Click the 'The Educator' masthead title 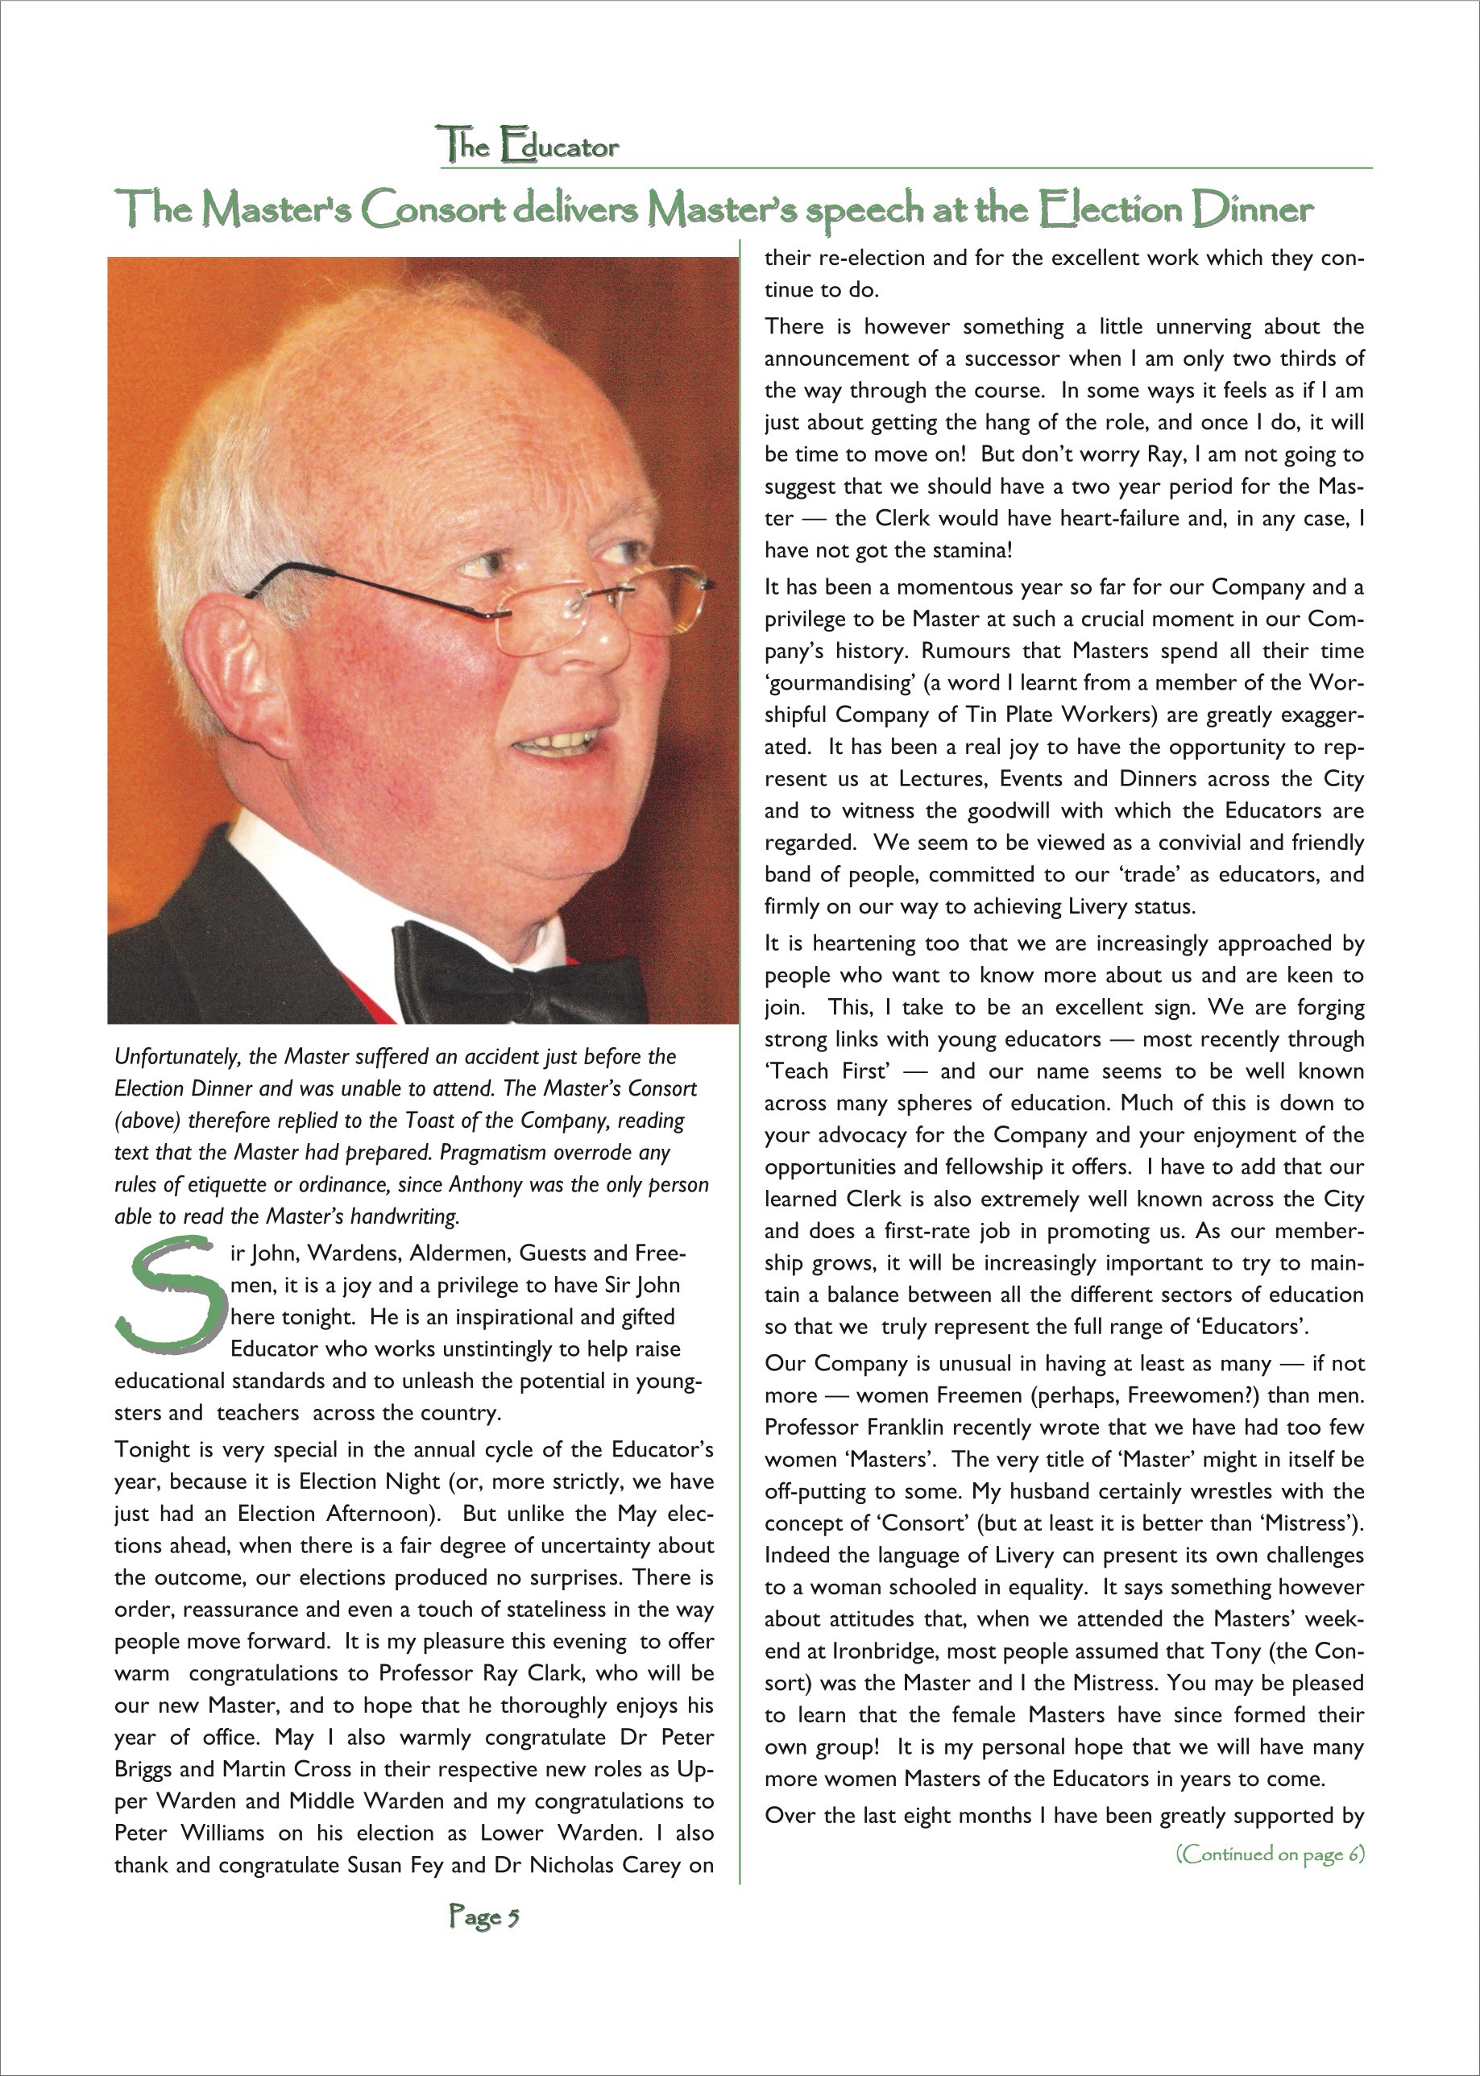click(x=529, y=146)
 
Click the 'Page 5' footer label click(x=484, y=1917)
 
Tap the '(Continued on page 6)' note click(x=1270, y=1854)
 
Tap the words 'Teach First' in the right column click(x=827, y=1071)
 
